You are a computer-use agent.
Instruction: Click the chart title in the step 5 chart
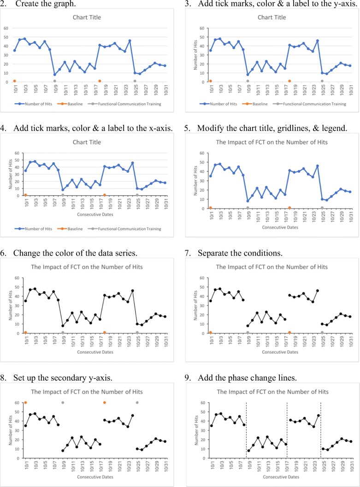[272, 142]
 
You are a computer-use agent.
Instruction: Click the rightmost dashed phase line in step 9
[320, 433]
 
